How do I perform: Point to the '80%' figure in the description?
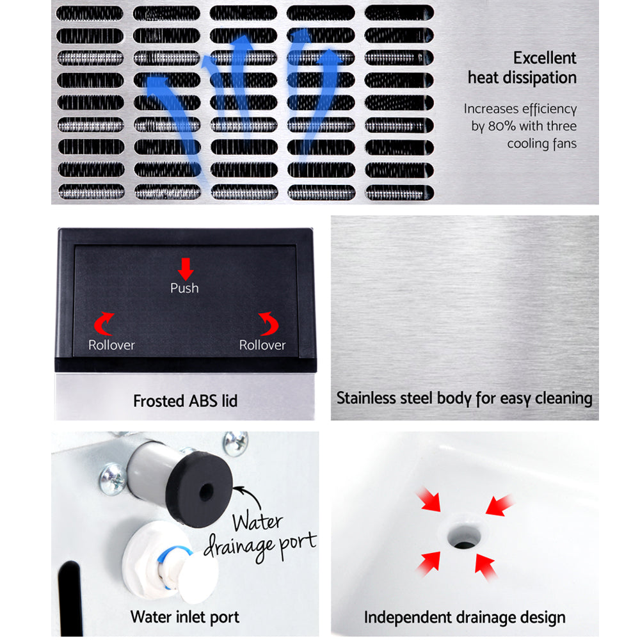pyautogui.click(x=502, y=126)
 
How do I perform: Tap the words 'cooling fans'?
pyautogui.click(x=541, y=143)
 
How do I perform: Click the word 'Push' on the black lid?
pyautogui.click(x=184, y=288)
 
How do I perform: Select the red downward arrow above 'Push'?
pyautogui.click(x=185, y=268)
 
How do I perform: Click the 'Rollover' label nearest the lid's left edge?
pyautogui.click(x=111, y=345)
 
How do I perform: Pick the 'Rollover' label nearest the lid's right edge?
pyautogui.click(x=262, y=345)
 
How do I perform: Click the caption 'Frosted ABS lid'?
pyautogui.click(x=185, y=401)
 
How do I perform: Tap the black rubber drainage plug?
pyautogui.click(x=204, y=490)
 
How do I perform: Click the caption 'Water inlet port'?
pyautogui.click(x=185, y=617)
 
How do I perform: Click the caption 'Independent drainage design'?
pyautogui.click(x=465, y=617)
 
